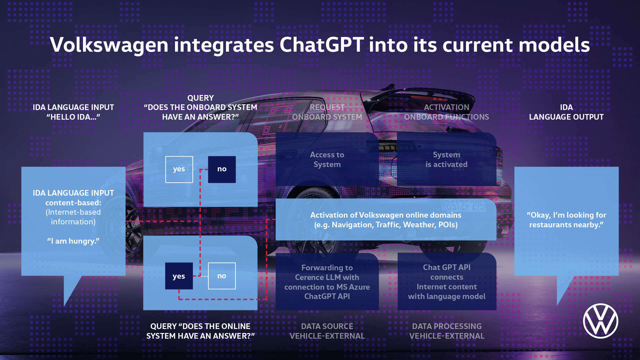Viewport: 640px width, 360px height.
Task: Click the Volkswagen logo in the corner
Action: coord(600,321)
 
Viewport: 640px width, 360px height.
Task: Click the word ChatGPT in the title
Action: coord(321,45)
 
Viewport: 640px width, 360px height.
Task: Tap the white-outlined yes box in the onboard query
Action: coord(179,169)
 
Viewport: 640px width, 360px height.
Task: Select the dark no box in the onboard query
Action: coord(222,169)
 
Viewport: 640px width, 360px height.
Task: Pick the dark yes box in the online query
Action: coord(179,276)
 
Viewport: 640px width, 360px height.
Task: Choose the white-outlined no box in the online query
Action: coord(222,276)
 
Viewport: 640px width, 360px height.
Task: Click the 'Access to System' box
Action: coord(327,160)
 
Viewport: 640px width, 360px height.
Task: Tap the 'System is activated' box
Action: coord(446,160)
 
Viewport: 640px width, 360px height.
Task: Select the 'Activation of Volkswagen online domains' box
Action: coord(386,220)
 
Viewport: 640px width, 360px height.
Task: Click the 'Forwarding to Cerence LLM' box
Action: coord(327,282)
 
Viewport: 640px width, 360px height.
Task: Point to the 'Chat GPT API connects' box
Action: coord(447,282)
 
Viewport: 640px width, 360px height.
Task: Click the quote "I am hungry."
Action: coord(73,241)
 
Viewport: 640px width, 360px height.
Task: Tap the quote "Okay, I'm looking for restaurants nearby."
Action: coord(566,220)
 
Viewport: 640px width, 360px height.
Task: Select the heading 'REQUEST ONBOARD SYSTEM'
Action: coord(327,112)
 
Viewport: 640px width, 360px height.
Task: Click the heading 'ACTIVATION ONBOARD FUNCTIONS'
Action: coord(446,112)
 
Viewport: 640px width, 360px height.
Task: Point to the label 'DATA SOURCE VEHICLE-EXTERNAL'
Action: coord(327,331)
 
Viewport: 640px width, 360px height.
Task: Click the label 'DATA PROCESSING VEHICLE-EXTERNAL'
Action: coord(447,331)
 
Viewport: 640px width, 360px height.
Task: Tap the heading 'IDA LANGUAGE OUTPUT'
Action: coord(566,112)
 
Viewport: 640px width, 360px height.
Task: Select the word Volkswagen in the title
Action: coord(109,45)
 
